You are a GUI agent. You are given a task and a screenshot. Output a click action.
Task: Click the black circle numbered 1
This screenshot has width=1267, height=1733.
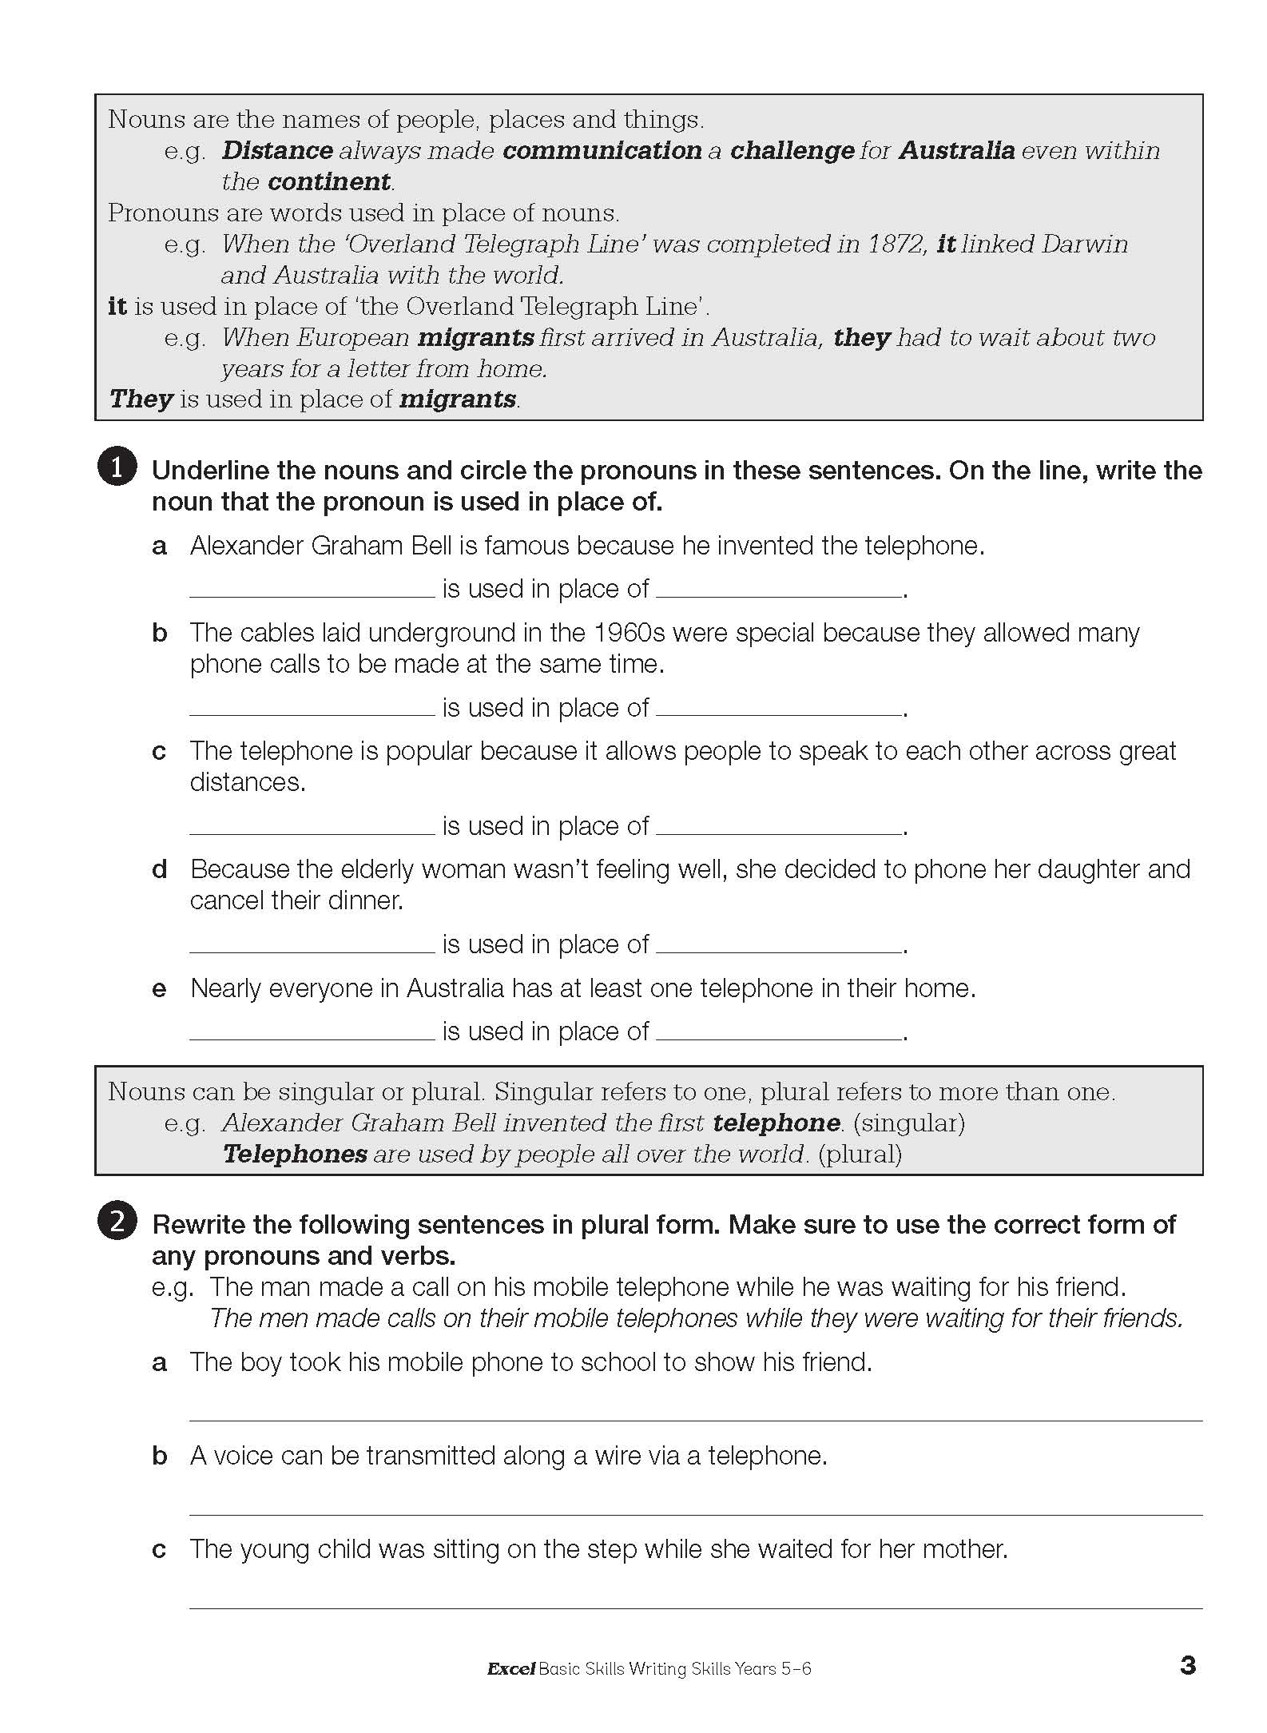click(117, 468)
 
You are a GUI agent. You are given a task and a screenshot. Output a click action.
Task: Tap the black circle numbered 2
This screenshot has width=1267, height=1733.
click(117, 1222)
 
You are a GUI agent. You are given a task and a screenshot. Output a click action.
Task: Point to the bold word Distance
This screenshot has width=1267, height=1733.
click(277, 150)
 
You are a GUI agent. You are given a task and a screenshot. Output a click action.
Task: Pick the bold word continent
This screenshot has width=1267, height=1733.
click(329, 181)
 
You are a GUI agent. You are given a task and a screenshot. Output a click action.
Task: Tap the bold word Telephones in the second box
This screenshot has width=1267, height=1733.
click(295, 1154)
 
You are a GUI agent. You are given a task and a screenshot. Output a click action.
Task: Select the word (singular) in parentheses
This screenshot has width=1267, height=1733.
click(909, 1123)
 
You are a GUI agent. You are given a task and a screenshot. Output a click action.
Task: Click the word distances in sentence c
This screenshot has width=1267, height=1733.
click(247, 782)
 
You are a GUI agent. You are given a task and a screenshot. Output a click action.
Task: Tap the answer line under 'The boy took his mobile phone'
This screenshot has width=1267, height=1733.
click(695, 1419)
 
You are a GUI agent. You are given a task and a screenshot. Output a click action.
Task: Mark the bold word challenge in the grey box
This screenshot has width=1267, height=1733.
click(792, 150)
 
